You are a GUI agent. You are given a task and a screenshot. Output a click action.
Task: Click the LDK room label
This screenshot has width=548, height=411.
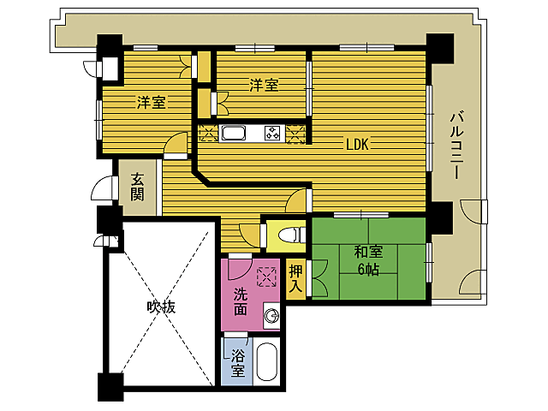click(356, 145)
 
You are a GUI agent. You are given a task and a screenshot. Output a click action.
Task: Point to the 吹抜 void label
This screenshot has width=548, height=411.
click(160, 307)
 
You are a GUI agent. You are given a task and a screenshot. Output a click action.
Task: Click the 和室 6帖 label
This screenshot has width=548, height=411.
click(368, 260)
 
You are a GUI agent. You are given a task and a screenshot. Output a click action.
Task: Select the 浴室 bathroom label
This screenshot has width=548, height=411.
click(237, 363)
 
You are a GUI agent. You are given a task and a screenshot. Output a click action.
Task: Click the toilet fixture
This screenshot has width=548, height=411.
click(288, 233)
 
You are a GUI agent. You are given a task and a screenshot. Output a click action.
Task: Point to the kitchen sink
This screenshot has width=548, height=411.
click(234, 133)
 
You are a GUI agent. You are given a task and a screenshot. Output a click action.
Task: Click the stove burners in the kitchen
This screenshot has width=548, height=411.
click(273, 133)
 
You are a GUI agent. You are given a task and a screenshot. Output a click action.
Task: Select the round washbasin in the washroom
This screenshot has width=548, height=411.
click(272, 317)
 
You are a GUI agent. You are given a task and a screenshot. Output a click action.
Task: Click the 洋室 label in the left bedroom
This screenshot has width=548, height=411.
click(152, 103)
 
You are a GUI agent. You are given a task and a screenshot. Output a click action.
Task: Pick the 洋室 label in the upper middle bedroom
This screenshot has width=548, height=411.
click(264, 85)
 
